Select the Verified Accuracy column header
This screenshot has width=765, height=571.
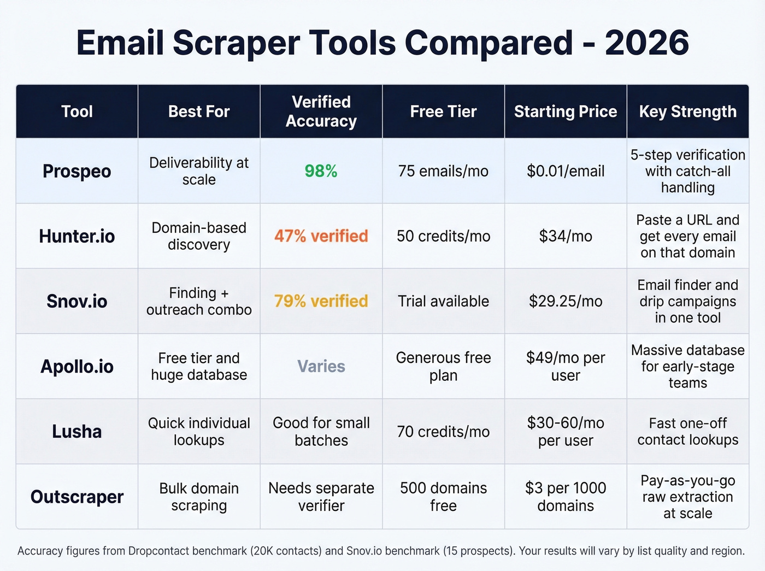click(321, 111)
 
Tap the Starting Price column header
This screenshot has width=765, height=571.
click(566, 111)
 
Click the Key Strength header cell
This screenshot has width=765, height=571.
click(687, 111)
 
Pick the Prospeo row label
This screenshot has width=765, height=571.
click(77, 171)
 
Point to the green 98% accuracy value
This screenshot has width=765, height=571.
click(321, 171)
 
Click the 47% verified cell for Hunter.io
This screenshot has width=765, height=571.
click(321, 236)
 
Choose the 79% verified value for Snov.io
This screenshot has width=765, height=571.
click(321, 301)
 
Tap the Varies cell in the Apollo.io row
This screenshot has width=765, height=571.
click(321, 366)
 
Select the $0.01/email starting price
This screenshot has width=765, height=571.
click(566, 171)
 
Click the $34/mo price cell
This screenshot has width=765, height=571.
click(566, 236)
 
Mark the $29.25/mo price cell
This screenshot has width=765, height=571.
click(566, 301)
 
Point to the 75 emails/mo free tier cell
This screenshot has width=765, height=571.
click(443, 171)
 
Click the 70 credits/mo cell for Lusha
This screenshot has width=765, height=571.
click(443, 432)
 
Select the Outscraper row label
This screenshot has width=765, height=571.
click(77, 497)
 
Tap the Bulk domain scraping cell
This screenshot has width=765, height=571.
click(199, 497)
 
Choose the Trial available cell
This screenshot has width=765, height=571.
click(443, 301)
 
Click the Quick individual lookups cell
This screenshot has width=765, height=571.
click(199, 432)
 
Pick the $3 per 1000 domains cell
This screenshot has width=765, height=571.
click(566, 497)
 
